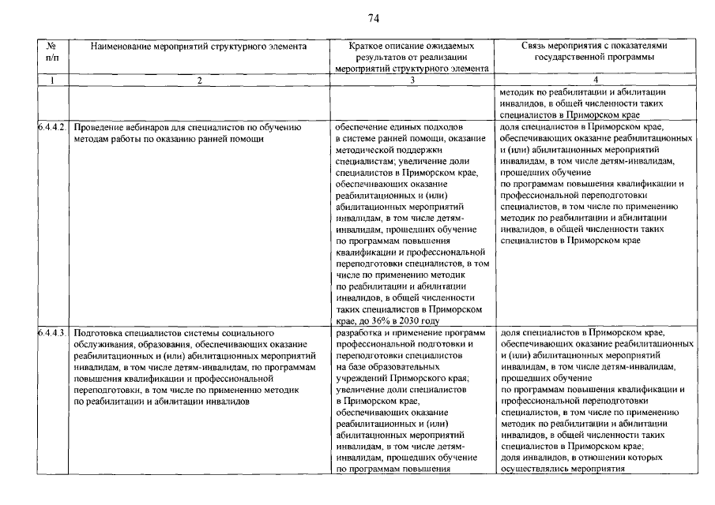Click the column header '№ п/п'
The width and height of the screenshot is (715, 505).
point(52,51)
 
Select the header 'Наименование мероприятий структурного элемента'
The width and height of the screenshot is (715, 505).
point(198,47)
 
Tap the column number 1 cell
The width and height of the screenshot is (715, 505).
point(52,80)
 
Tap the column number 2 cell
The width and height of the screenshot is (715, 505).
point(198,80)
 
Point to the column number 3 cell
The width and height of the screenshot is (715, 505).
point(411,80)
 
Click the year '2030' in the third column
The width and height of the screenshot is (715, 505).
point(419,321)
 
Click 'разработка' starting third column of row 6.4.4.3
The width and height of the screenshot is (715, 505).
point(359,334)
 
